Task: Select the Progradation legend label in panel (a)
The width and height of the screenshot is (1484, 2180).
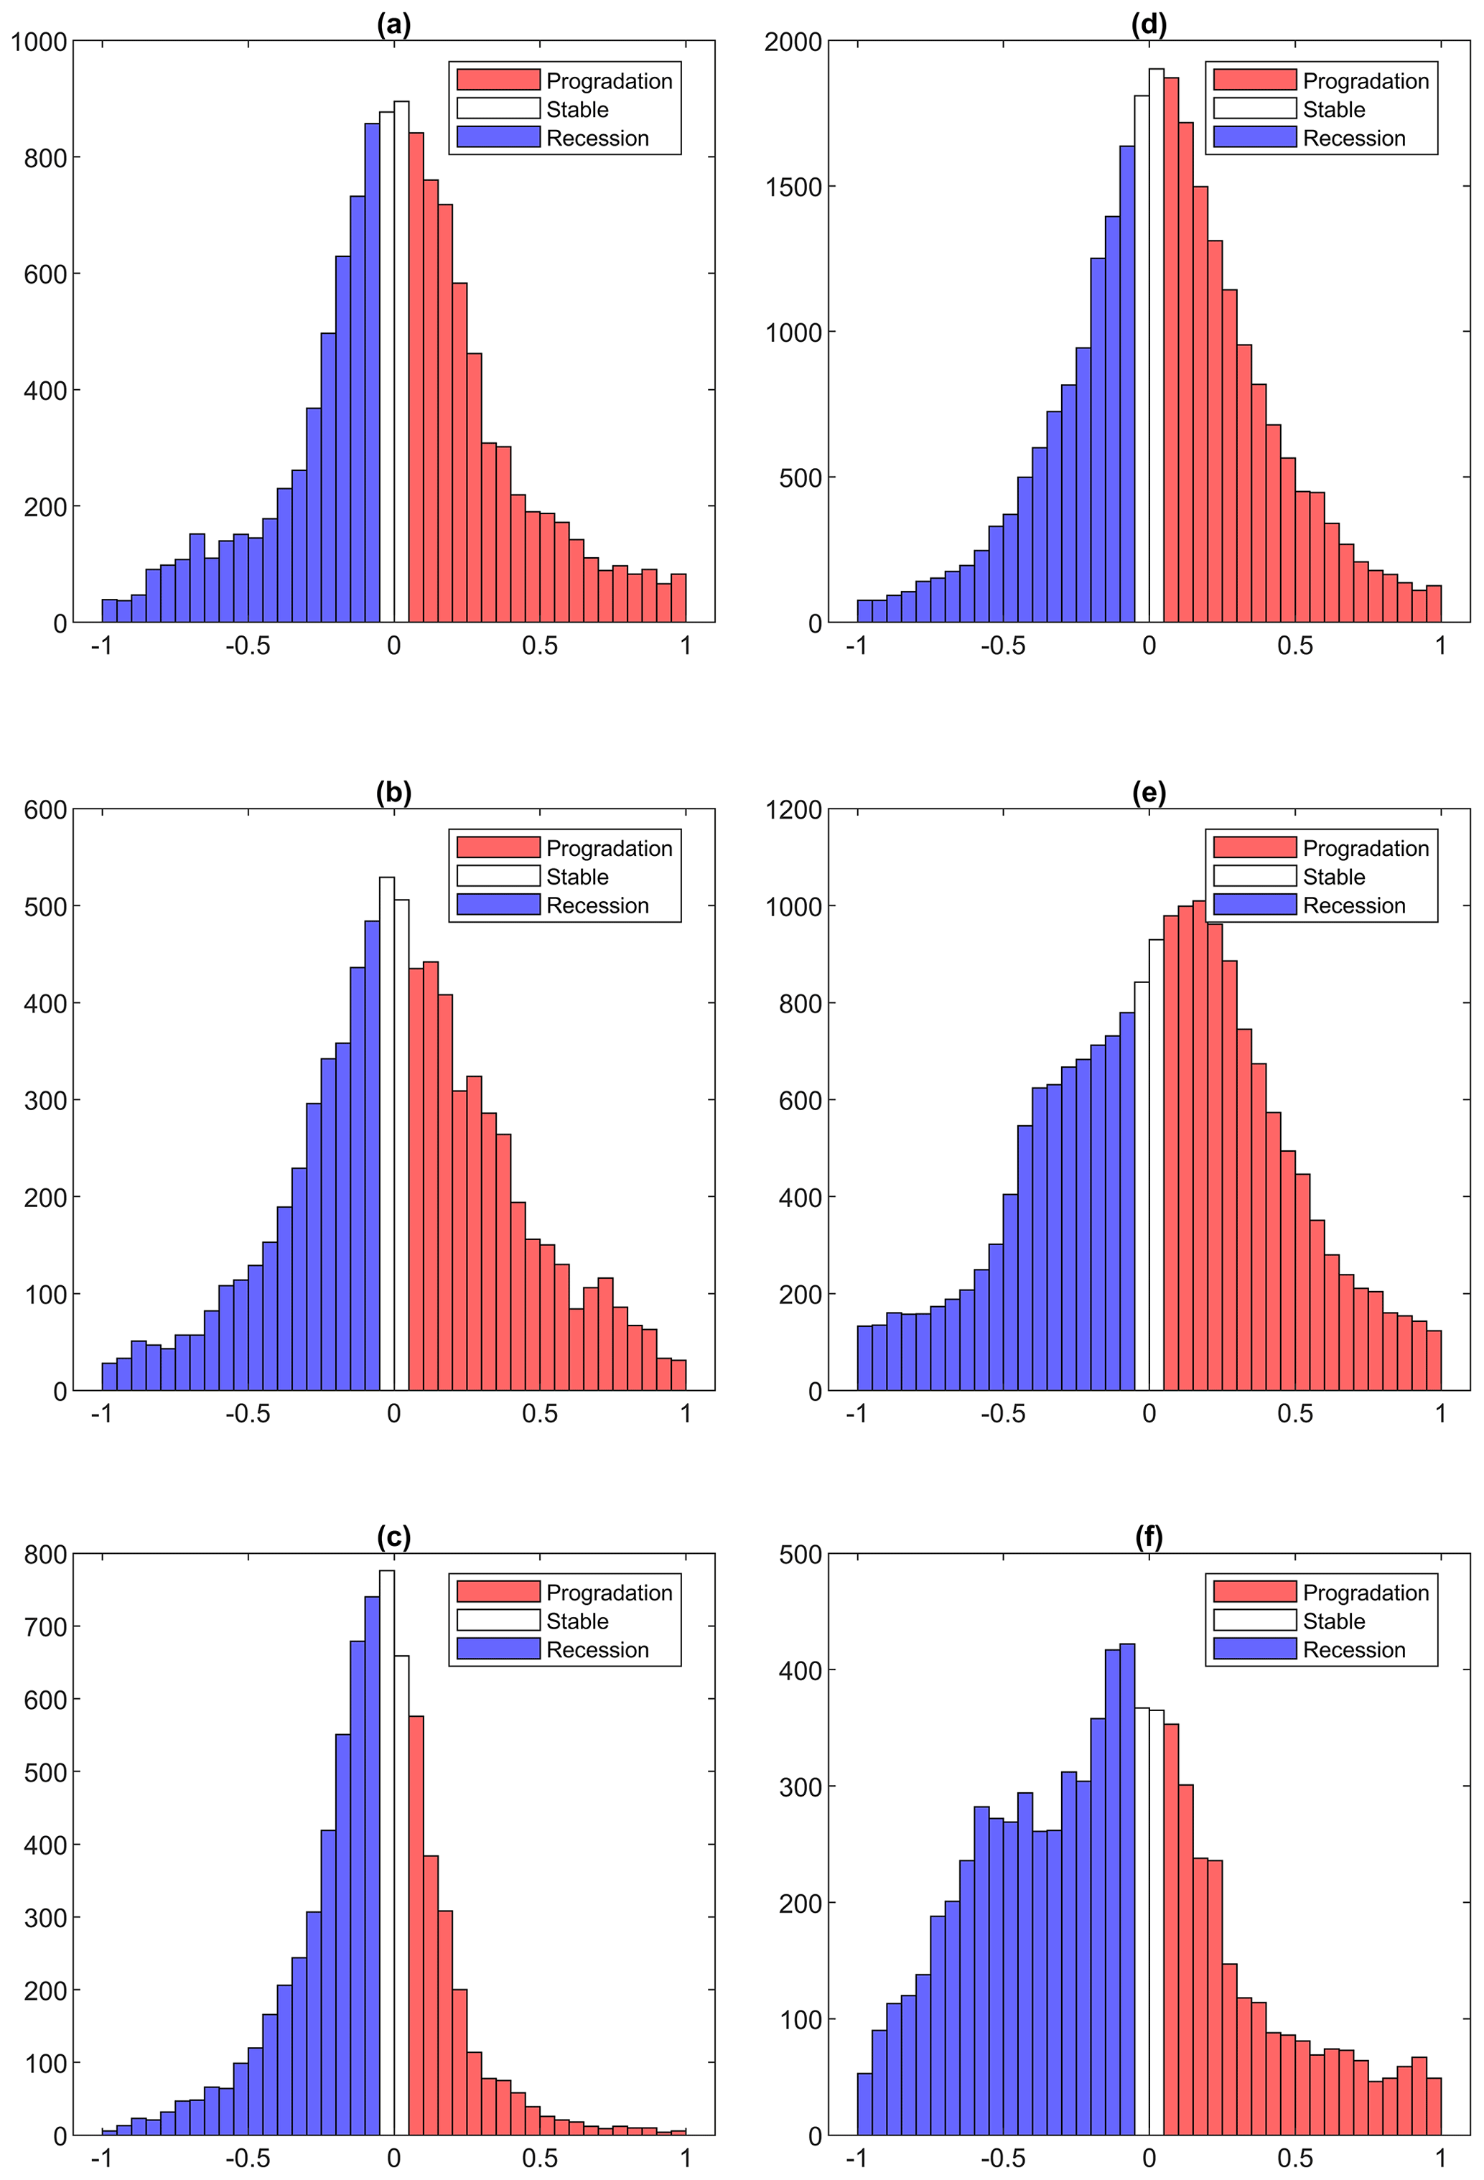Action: [609, 82]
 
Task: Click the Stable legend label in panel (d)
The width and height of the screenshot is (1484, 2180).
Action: [1333, 110]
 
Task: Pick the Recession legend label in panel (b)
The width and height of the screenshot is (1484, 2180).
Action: [597, 905]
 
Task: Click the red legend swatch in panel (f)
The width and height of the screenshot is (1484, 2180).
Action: [1254, 1592]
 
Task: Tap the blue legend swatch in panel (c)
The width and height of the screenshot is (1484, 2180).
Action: [498, 1649]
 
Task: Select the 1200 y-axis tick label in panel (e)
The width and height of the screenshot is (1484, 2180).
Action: [793, 809]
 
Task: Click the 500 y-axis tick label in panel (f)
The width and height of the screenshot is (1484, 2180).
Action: [801, 1555]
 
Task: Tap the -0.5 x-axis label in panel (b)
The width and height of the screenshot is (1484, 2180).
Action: [248, 1414]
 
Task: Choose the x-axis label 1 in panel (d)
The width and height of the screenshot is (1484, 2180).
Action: [1440, 646]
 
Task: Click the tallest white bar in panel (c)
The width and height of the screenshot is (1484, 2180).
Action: [386, 1858]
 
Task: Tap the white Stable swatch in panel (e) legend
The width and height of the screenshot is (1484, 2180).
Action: [1254, 876]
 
